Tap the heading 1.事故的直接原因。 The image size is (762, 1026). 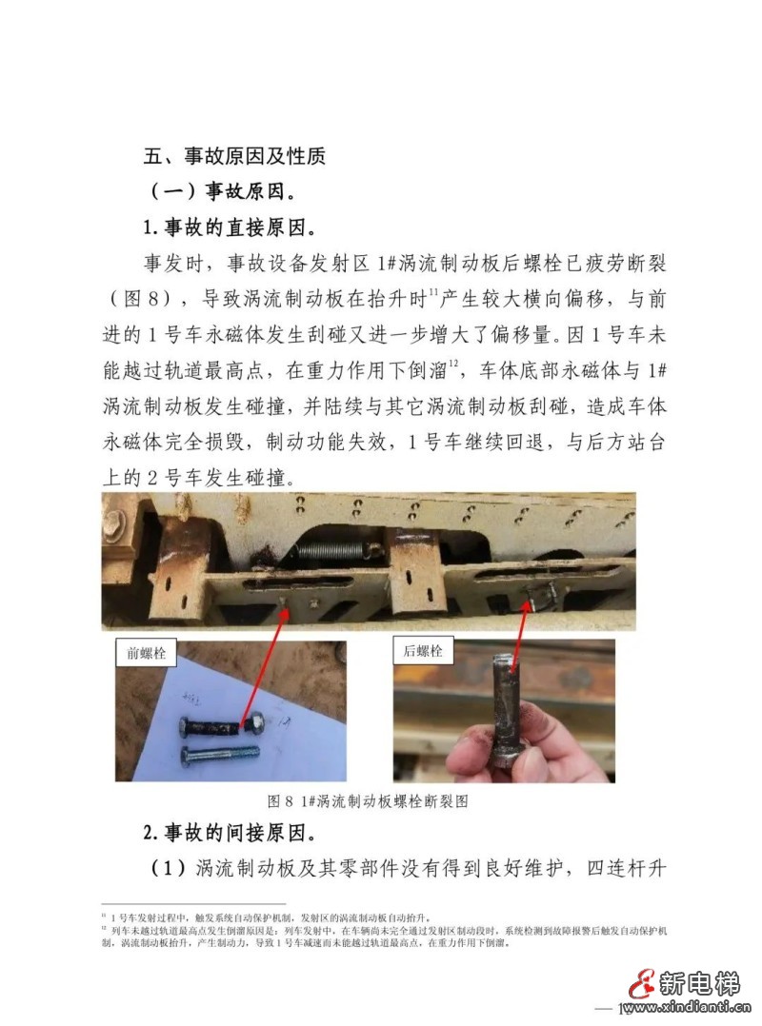pyautogui.click(x=230, y=227)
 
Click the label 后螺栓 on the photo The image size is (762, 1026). pyautogui.click(x=424, y=651)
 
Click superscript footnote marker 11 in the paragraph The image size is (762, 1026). pyautogui.click(x=432, y=292)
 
